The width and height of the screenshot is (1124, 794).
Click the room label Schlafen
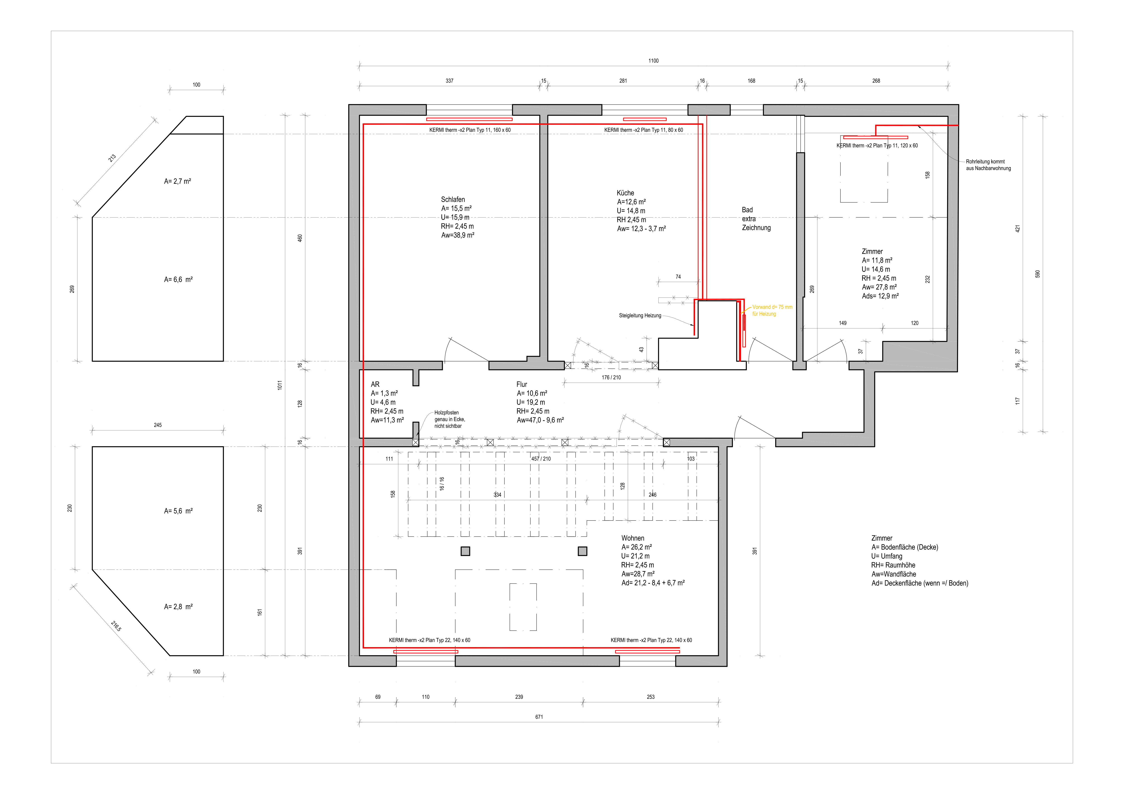coord(453,200)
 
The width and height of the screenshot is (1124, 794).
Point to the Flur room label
coord(522,385)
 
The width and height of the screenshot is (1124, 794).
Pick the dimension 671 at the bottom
coord(539,717)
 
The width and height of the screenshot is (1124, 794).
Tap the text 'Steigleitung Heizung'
coord(640,316)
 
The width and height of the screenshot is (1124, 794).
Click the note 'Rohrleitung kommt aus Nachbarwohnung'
coord(988,165)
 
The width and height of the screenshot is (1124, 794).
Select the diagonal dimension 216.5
coord(116,626)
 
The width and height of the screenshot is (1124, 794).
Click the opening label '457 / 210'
coord(541,459)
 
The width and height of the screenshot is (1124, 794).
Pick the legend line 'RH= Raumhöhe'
coord(893,565)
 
